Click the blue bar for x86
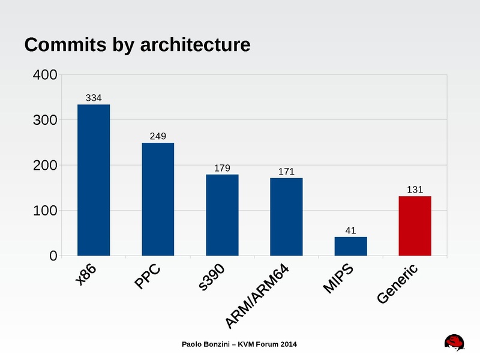tap(94, 180)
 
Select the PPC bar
tap(158, 199)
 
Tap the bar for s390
tap(222, 215)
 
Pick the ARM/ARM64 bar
tap(286, 217)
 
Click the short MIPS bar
tap(350, 246)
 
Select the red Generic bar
tap(415, 226)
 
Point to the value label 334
tap(94, 97)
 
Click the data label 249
tap(158, 136)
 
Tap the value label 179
tap(222, 168)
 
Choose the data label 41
tap(350, 230)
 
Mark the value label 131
tap(415, 190)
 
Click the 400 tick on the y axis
tap(44, 76)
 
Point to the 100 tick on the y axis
tap(44, 211)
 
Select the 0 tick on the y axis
tap(52, 256)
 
